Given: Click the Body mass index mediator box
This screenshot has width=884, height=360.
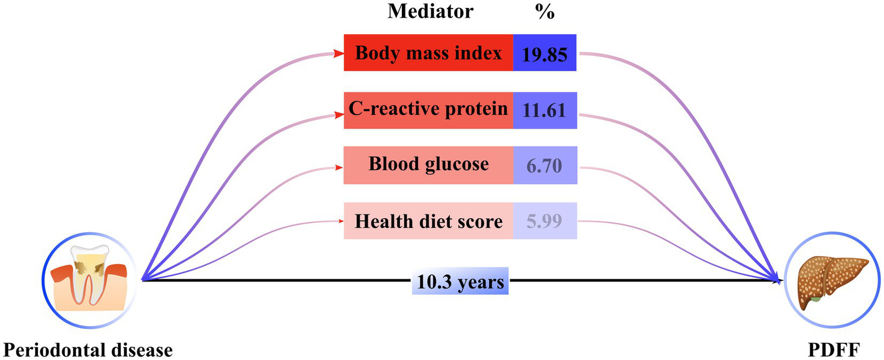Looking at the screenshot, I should pos(428,53).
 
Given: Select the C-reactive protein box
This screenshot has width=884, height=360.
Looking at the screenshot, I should pos(428,109).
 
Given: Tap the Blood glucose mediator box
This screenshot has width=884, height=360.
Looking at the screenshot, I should pos(428,165).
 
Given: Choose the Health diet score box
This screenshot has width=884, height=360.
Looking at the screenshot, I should pos(428,221).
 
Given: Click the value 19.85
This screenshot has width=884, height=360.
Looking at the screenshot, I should pos(545,54).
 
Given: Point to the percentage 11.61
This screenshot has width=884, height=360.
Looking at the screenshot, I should pos(545,110).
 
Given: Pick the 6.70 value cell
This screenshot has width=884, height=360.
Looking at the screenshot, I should pos(545,166).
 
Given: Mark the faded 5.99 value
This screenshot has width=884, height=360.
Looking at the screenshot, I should pos(545,221).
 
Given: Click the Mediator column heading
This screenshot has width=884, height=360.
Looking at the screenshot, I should pos(430,12).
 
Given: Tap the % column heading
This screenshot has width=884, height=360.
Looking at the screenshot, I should pos(544,12).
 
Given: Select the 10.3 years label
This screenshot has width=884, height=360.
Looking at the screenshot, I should pos(460,282).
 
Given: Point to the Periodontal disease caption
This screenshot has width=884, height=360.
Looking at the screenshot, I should pos(88,349).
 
